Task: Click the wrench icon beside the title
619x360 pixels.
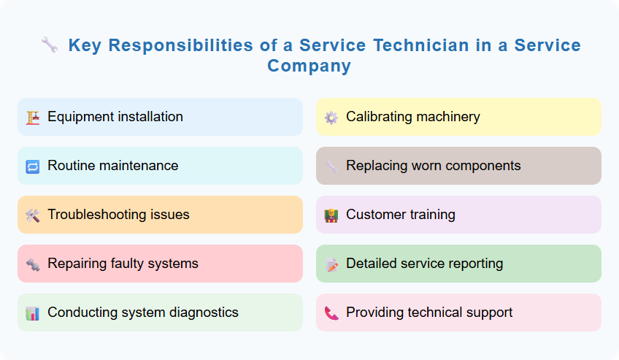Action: click(x=50, y=45)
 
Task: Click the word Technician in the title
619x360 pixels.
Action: click(x=421, y=45)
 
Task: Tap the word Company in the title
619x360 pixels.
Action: click(x=309, y=66)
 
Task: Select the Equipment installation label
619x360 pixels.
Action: click(x=115, y=117)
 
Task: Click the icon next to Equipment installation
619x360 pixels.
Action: click(x=32, y=118)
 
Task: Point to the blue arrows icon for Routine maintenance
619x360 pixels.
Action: click(x=32, y=166)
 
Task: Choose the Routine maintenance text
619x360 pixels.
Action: click(x=112, y=166)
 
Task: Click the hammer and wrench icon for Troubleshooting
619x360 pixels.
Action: click(x=32, y=215)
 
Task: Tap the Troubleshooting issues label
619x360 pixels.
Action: click(x=118, y=215)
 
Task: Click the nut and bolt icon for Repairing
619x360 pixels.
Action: click(x=32, y=264)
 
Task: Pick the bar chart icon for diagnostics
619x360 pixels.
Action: click(x=32, y=313)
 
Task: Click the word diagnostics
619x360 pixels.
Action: click(x=201, y=313)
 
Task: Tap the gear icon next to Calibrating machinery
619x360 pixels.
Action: click(x=331, y=118)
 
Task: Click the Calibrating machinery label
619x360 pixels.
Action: click(x=412, y=117)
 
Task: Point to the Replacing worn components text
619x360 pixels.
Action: click(x=433, y=166)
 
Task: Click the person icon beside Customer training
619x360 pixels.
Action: click(x=331, y=215)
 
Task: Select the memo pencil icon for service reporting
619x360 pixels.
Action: click(x=331, y=264)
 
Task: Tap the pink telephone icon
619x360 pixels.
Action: click(x=331, y=313)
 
